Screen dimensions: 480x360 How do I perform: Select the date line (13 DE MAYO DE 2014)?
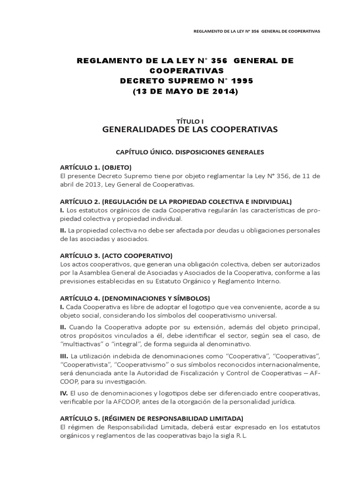(x=185, y=92)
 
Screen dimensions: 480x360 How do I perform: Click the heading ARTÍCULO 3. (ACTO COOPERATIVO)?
(x=116, y=255)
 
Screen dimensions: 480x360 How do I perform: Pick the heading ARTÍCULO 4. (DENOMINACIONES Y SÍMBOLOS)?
(x=135, y=298)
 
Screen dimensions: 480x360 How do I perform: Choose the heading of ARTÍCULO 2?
(x=176, y=202)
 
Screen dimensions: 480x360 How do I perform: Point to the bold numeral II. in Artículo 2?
(x=63, y=230)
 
